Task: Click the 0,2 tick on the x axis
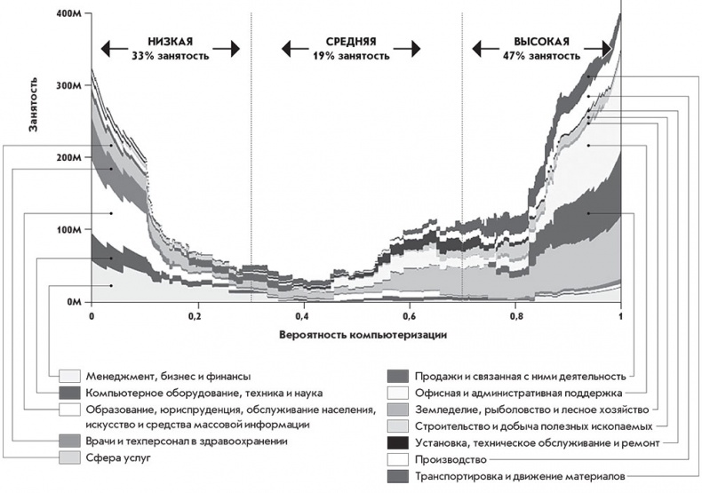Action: coord(196,314)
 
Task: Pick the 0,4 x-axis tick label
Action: coord(303,314)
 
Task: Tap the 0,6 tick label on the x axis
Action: coord(409,314)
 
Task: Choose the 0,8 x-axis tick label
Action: coord(515,314)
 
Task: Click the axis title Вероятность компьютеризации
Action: coord(356,335)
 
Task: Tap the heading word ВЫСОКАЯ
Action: coord(541,41)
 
